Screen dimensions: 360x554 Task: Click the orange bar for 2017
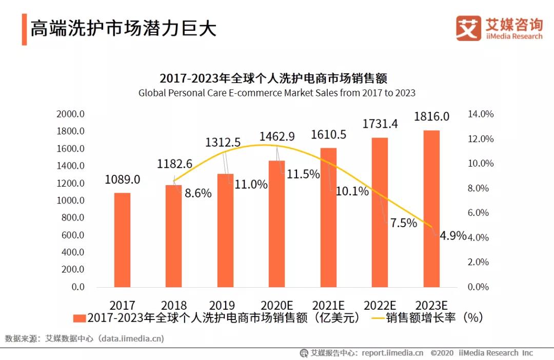click(122, 239)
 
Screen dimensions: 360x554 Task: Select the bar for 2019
click(225, 230)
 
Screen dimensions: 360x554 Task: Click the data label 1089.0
click(123, 180)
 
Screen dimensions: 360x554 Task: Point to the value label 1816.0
click(431, 116)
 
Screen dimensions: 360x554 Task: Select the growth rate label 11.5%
click(303, 174)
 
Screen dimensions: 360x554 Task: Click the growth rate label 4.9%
click(453, 236)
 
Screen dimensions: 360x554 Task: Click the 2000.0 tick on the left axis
click(71, 114)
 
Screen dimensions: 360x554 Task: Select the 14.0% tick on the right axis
click(481, 114)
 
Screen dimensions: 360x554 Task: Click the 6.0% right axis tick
click(481, 213)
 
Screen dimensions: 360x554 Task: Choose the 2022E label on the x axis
click(380, 305)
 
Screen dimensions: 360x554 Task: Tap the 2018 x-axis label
click(174, 305)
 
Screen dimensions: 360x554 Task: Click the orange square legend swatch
click(79, 318)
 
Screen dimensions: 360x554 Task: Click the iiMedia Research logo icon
click(468, 28)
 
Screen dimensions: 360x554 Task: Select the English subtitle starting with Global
click(276, 93)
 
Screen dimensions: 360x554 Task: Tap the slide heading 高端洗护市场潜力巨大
click(123, 29)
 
